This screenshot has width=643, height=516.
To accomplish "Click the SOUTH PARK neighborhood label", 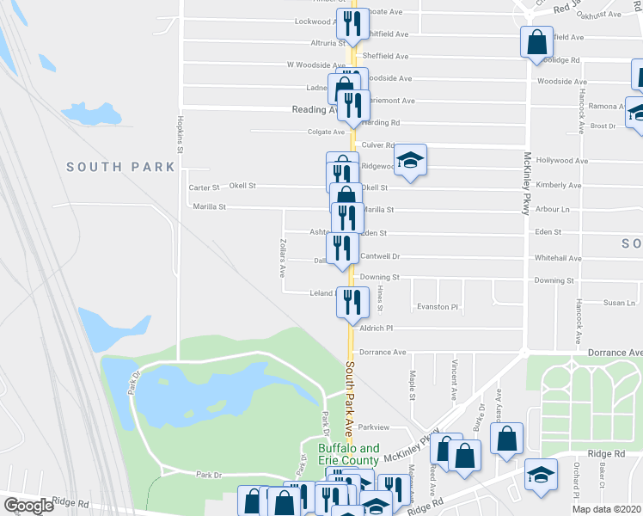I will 120,167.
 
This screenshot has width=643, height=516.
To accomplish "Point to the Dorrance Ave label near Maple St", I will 383,353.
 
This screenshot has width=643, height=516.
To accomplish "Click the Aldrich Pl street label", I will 377,329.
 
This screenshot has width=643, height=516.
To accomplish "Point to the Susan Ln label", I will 619,303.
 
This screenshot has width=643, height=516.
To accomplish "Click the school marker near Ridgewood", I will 411,161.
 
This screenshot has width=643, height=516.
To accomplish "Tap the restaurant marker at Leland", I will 352,301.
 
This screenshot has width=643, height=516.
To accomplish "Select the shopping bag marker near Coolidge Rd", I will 537,41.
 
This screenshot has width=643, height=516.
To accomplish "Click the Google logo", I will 28,506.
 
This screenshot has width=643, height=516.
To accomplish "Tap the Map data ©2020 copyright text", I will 607,509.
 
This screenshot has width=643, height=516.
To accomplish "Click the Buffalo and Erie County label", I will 348,454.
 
